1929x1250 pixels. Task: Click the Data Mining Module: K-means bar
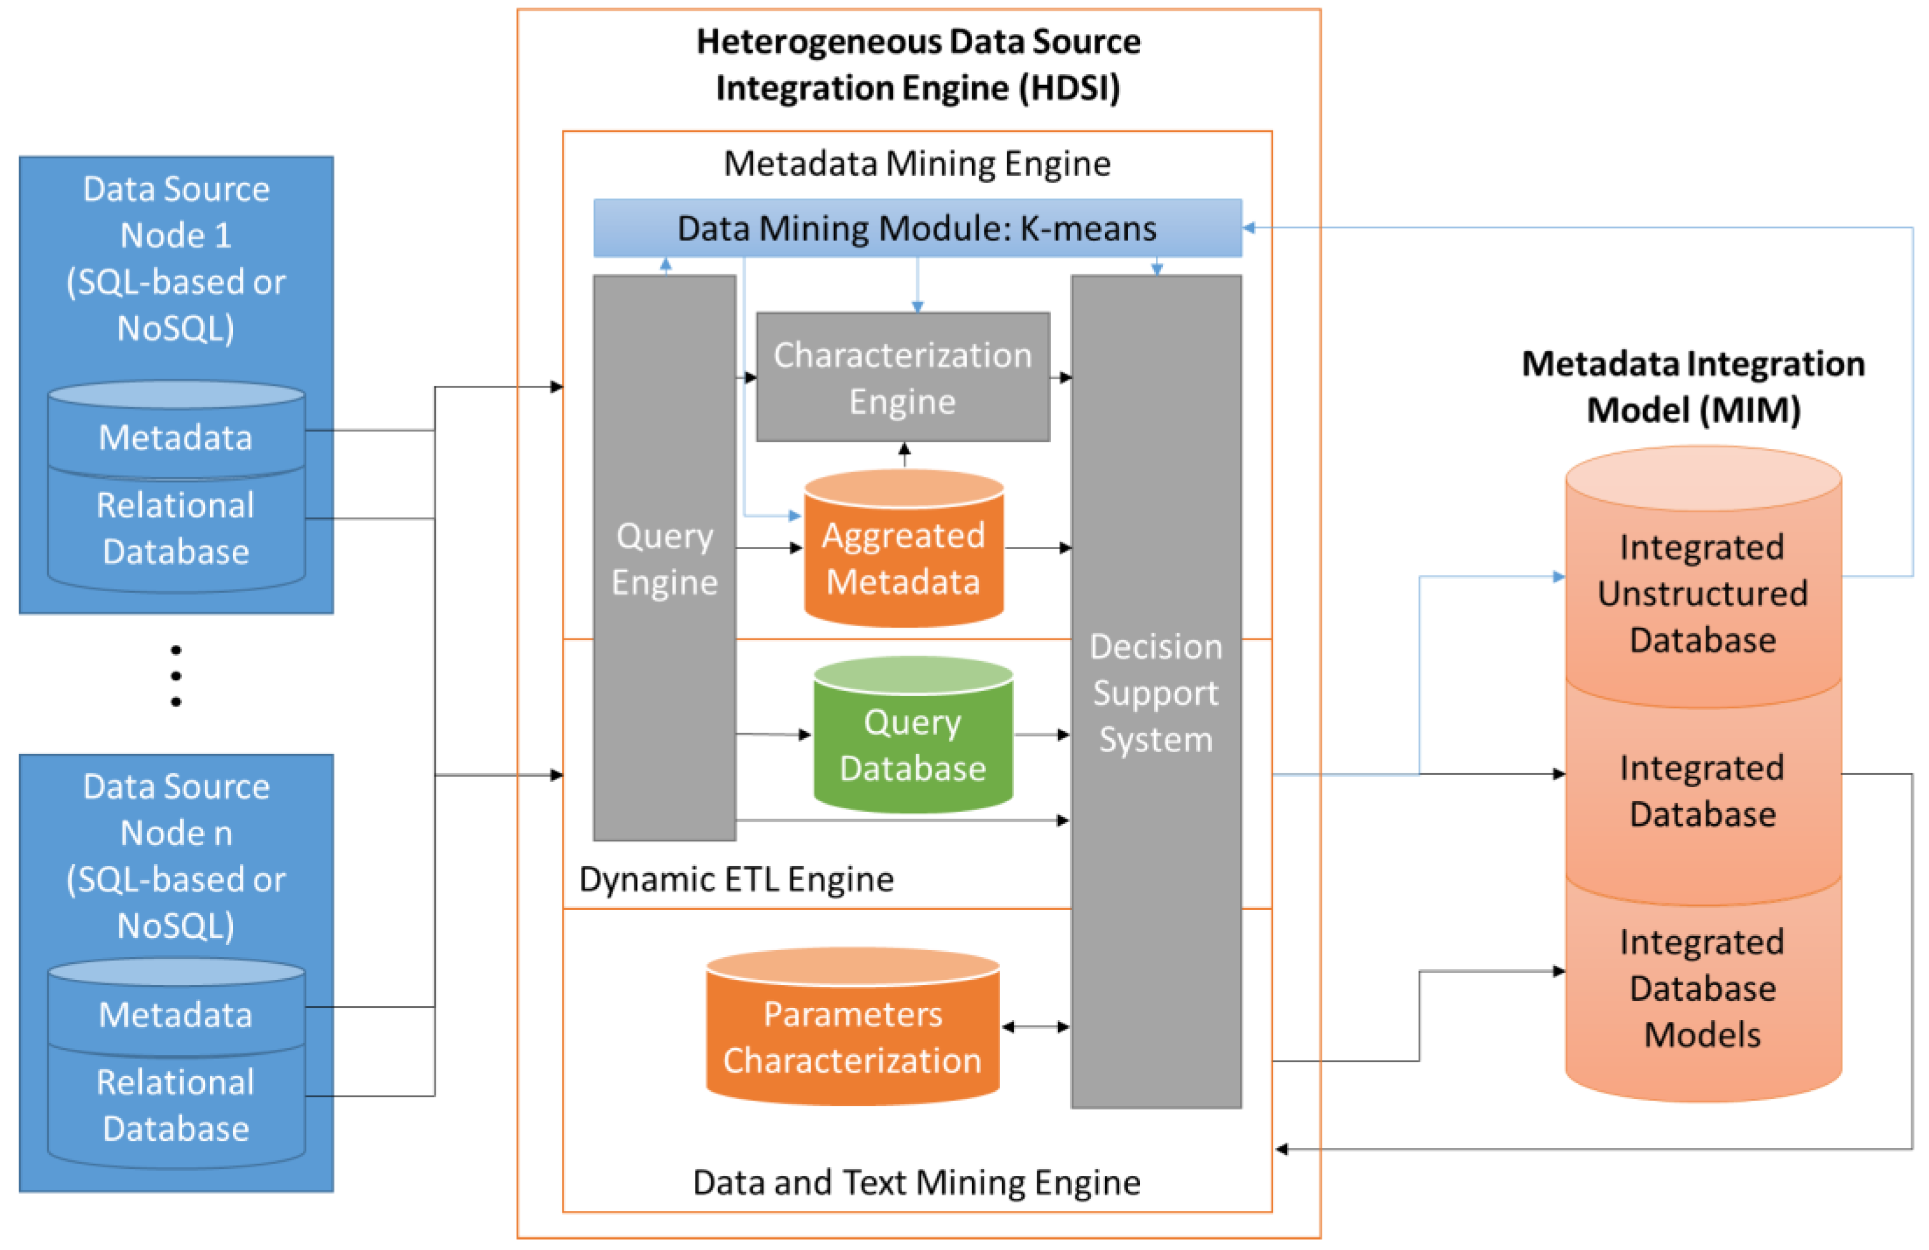917,229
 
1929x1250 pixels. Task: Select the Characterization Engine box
902,378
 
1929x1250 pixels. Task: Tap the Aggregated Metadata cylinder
903,558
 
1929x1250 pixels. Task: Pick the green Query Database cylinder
913,744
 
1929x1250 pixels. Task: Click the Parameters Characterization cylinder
852,1037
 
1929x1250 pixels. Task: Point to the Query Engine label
665,558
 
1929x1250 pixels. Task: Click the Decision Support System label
1156,693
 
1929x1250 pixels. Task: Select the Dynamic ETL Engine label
736,879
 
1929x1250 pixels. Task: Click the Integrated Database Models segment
1702,988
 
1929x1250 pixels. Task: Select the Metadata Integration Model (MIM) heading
1693,387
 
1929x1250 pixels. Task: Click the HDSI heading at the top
918,65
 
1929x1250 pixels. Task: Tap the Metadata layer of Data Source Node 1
176,438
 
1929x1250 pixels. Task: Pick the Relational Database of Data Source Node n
176,1105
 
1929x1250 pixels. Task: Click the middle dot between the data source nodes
176,675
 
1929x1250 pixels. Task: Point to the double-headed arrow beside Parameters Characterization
1035,1027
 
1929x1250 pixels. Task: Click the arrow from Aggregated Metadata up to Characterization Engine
904,455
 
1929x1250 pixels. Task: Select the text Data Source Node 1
176,212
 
